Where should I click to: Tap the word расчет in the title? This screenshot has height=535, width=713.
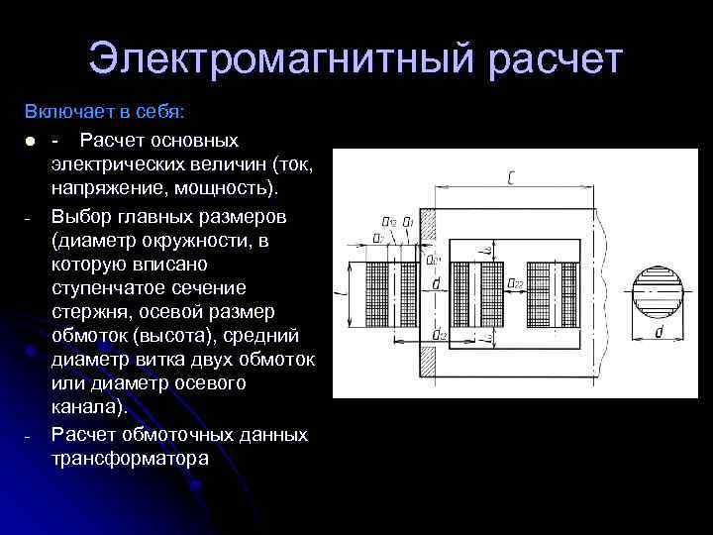[x=556, y=58]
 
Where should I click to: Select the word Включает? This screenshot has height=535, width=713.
[x=65, y=108]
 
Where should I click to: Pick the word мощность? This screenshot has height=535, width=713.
[x=229, y=188]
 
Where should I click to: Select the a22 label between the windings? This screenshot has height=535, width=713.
[x=515, y=284]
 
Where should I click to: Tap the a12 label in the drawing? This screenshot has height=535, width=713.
[x=389, y=221]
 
